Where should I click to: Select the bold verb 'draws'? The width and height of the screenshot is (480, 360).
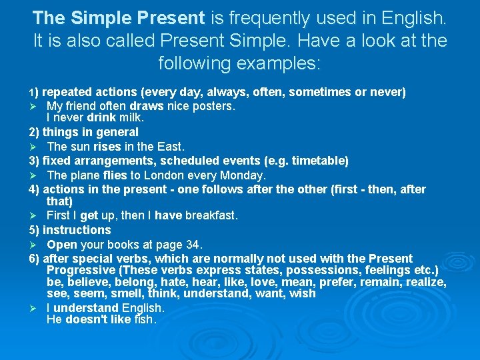[147, 105]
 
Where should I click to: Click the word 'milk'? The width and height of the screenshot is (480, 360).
[133, 117]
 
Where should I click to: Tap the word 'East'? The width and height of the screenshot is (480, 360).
[169, 146]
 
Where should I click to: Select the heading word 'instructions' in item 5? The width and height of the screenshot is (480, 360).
[77, 230]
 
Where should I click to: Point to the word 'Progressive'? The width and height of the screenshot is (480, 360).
[81, 270]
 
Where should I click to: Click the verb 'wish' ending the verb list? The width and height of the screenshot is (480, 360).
[303, 294]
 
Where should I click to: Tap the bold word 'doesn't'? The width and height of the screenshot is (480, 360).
[88, 319]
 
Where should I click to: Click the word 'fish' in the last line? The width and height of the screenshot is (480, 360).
[143, 319]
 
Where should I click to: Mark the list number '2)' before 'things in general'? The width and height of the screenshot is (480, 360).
[34, 132]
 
